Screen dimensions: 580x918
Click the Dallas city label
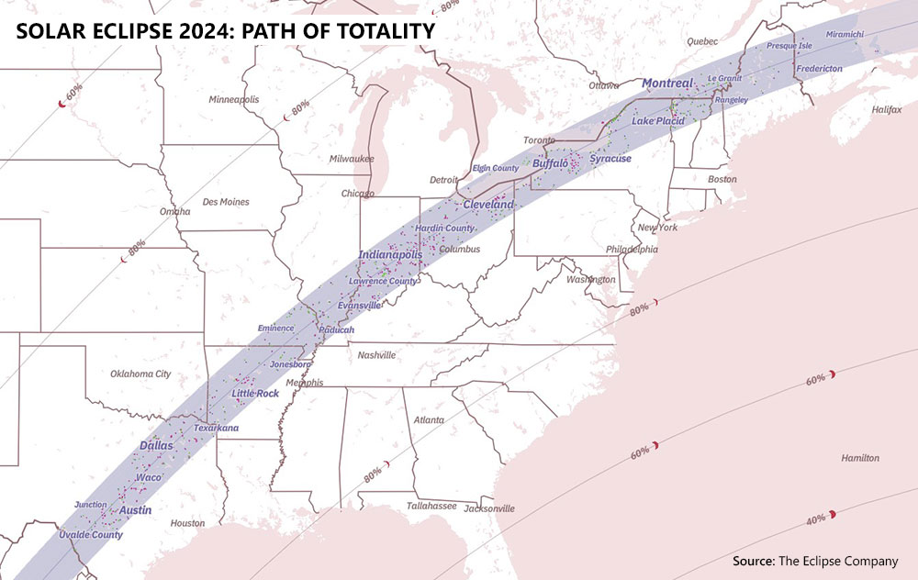155,445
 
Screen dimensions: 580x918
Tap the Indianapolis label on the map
390,254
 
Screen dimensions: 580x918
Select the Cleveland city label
488,204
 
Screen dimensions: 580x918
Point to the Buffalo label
550,163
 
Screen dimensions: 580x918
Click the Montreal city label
667,84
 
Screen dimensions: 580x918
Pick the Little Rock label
255,394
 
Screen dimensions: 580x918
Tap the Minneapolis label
234,99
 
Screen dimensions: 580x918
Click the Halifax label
887,109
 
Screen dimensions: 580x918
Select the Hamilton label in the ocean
859,458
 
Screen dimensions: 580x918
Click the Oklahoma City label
140,374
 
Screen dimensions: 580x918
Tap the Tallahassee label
407,506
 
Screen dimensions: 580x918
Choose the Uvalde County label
90,535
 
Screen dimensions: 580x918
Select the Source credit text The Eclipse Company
837,561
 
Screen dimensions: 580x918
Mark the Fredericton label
819,69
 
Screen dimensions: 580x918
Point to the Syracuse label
610,159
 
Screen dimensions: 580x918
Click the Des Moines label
225,202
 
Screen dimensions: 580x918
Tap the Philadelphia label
632,249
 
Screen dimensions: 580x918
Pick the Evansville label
359,306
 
